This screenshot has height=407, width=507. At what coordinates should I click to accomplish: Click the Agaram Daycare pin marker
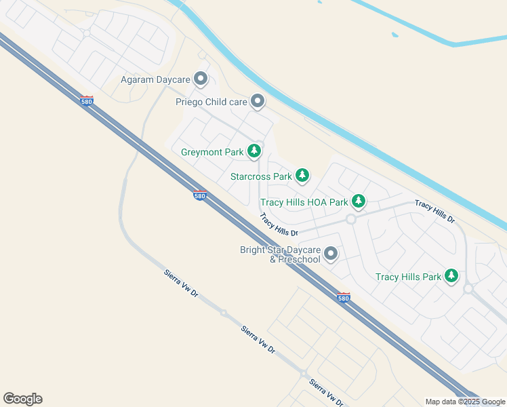pyautogui.click(x=200, y=80)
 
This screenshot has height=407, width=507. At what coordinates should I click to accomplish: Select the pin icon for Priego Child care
pyautogui.click(x=258, y=102)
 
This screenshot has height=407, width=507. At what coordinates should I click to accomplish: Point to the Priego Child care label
pyautogui.click(x=211, y=102)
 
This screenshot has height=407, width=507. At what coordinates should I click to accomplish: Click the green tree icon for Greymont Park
pyautogui.click(x=254, y=151)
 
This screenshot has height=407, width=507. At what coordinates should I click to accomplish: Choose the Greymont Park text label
pyautogui.click(x=212, y=152)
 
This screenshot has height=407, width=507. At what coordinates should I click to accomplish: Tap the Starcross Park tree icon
pyautogui.click(x=302, y=176)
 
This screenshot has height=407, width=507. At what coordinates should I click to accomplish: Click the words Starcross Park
pyautogui.click(x=261, y=177)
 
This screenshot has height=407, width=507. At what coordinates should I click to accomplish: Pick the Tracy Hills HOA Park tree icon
pyautogui.click(x=358, y=201)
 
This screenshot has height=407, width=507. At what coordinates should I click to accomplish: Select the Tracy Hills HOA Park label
pyautogui.click(x=304, y=202)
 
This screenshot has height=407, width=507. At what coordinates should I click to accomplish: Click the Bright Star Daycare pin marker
pyautogui.click(x=331, y=254)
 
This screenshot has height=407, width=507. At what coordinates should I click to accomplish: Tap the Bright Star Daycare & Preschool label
pyautogui.click(x=280, y=254)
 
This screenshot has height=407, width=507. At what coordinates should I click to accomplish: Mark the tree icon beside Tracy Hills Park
pyautogui.click(x=451, y=276)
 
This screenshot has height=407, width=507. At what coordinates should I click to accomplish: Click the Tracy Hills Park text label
pyautogui.click(x=408, y=277)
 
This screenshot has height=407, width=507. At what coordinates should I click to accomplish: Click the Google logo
pyautogui.click(x=22, y=399)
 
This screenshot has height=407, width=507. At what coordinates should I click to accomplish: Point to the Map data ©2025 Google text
pyautogui.click(x=465, y=402)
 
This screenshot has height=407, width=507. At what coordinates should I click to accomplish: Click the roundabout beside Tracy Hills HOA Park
pyautogui.click(x=351, y=219)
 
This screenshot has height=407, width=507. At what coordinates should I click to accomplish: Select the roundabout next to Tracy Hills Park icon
pyautogui.click(x=468, y=288)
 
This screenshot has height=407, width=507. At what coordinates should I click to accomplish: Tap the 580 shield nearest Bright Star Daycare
pyautogui.click(x=344, y=297)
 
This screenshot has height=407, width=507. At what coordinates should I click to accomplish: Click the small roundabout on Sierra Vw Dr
pyautogui.click(x=223, y=313)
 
